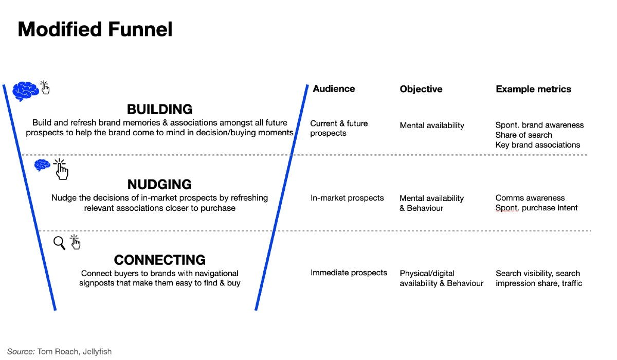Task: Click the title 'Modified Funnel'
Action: (95, 29)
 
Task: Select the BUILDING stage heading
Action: (159, 109)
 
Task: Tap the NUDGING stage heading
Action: (159, 184)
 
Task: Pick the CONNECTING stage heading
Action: (159, 260)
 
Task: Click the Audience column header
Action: (334, 88)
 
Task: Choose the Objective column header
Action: (421, 89)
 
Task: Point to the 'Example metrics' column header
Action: (533, 89)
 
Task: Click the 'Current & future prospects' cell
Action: (339, 128)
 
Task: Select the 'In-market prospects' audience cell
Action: (347, 197)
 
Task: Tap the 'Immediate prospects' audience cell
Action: (349, 273)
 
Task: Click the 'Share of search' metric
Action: (523, 135)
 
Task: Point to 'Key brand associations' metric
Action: (537, 145)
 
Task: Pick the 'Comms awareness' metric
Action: (530, 198)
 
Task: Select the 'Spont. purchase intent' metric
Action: (536, 208)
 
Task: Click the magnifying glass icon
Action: (60, 243)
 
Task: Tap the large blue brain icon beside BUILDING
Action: (25, 91)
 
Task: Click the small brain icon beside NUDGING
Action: (42, 165)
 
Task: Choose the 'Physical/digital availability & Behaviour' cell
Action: (441, 278)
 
